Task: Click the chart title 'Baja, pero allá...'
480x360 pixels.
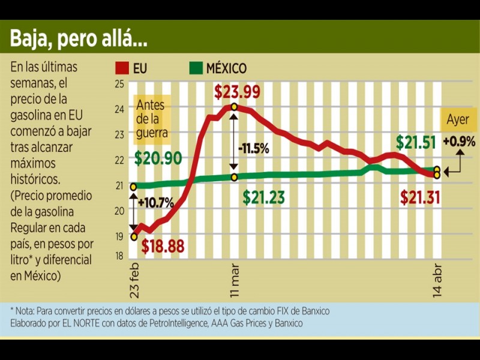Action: [79, 40]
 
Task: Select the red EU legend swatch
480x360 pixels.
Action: [122, 68]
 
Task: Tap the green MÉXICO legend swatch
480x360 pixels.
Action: [196, 68]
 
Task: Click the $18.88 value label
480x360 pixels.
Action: [163, 246]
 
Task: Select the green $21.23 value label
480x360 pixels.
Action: [264, 197]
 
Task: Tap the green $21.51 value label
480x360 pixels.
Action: [416, 143]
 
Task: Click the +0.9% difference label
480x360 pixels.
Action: [459, 142]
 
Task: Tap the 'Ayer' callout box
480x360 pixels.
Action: [458, 119]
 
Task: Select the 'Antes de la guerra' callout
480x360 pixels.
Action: [152, 119]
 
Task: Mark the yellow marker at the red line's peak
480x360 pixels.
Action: [234, 107]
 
